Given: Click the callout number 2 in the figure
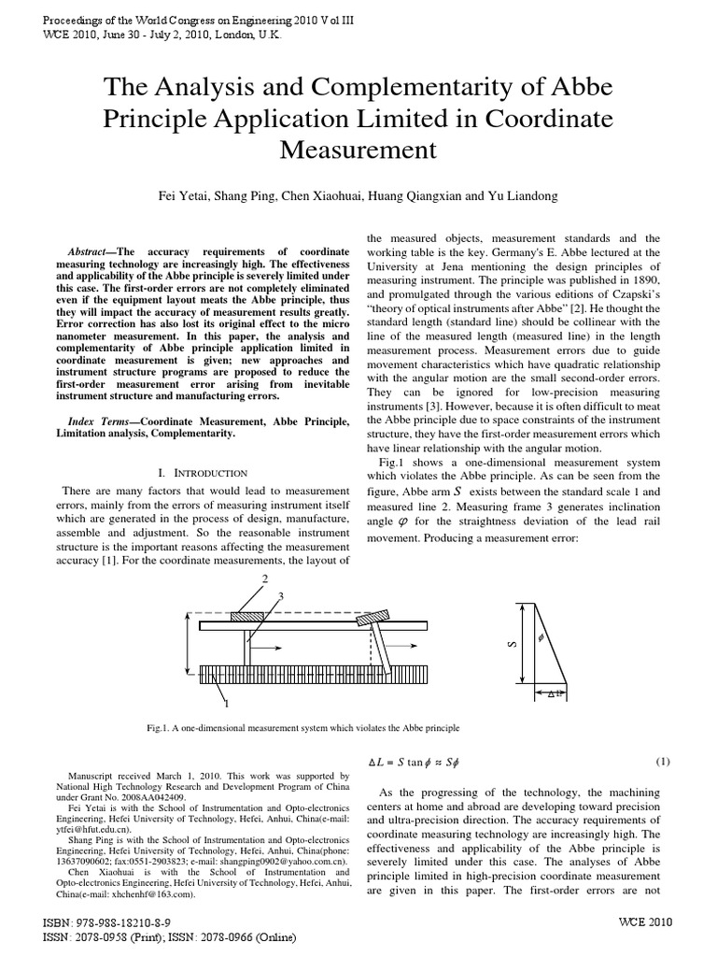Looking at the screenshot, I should [265, 580].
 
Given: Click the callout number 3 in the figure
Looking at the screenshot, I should [280, 595].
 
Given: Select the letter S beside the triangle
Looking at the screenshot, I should [513, 646].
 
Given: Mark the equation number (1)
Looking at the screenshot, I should [663, 761].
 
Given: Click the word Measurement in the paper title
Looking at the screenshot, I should [358, 150].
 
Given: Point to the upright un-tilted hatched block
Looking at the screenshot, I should [251, 616].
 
